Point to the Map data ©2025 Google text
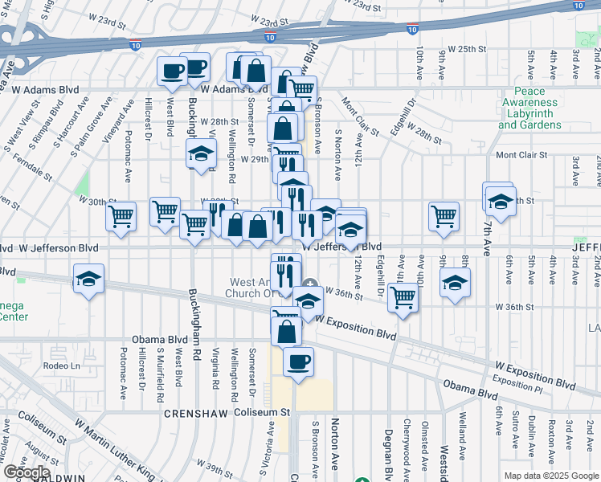point(550,476)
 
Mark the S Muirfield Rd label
point(160,375)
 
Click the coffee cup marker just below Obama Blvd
point(298,361)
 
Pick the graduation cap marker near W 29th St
point(202,153)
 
